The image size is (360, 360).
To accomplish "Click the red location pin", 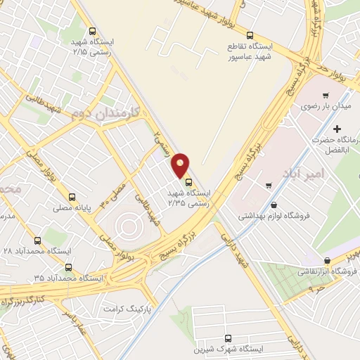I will tap(181, 165).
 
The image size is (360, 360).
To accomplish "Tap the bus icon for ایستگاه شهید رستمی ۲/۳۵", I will tap(188, 183).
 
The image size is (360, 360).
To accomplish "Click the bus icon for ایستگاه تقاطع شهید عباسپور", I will tap(250, 34).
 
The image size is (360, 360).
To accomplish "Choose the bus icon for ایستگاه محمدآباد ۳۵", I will tap(68, 267).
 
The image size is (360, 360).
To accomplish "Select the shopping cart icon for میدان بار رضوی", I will tap(325, 95).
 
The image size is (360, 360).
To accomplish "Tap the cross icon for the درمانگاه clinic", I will tap(337, 129).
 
